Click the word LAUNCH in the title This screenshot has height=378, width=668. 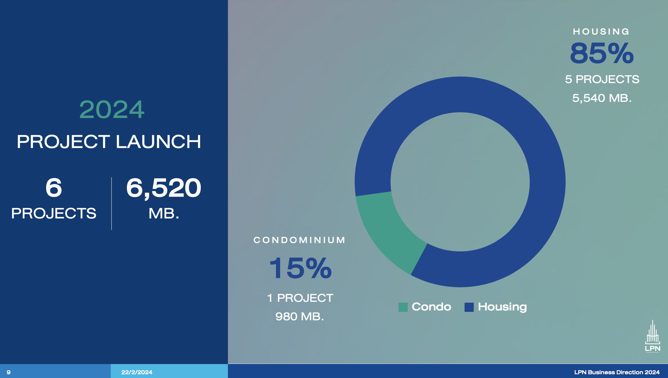tap(158, 142)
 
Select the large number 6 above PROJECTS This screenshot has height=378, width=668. tap(54, 188)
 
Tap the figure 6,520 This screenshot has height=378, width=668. tap(164, 188)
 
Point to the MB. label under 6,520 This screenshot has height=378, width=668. tap(164, 214)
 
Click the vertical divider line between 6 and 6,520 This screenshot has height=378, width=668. tap(111, 203)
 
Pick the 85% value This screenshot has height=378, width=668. tap(602, 53)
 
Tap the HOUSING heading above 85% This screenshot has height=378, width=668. tap(601, 31)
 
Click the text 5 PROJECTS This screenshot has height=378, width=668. tap(602, 79)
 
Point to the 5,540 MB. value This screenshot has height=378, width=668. tap(602, 98)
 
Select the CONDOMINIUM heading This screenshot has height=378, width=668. tap(299, 240)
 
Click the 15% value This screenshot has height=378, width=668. tap(300, 268)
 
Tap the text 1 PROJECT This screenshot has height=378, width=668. tap(300, 298)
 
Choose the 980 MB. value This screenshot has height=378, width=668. tap(300, 317)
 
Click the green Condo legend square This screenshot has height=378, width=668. tap(403, 307)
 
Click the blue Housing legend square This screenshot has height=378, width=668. tap(469, 307)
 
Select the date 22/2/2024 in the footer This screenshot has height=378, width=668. tap(137, 372)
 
